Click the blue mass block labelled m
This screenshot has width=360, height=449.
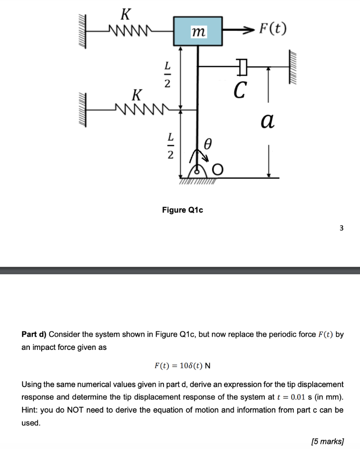[198, 31]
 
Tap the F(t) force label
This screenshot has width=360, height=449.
[273, 29]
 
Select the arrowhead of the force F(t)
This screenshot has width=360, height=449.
[248, 29]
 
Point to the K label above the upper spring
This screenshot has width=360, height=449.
[126, 14]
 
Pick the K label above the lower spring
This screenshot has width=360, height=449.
[137, 95]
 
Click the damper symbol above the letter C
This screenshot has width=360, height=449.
[242, 67]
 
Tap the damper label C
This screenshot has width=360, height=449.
[239, 90]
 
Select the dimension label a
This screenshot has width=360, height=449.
[267, 121]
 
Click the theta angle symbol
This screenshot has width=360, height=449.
[208, 144]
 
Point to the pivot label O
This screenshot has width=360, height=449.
[217, 170]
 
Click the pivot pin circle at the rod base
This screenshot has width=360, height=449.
[197, 172]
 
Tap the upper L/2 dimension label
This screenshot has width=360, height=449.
[167, 75]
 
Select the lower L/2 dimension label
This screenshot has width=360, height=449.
[171, 146]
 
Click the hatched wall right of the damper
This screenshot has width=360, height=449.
[292, 67]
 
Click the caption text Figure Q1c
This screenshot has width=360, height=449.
[182, 210]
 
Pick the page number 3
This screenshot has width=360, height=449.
[342, 228]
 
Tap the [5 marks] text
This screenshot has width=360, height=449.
[328, 441]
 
